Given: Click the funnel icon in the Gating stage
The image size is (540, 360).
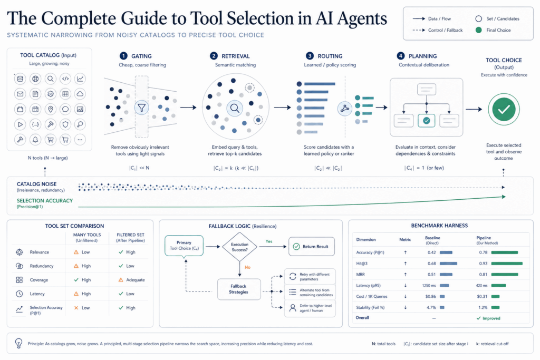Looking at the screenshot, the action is pos(141,108).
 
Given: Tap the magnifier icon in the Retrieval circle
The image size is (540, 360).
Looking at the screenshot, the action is pos(235,108).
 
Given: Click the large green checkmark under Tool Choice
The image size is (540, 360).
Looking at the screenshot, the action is pos(504,110).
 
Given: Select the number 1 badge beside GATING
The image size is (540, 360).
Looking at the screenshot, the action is pos(123,56).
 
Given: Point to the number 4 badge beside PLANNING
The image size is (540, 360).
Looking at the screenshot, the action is pos(401,56).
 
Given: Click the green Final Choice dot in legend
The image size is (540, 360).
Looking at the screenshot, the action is pos(478,30).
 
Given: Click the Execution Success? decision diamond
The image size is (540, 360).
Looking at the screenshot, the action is pos(240,247).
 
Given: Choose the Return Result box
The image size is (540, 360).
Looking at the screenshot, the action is pos(311,247).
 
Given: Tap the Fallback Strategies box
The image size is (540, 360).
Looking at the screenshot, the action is pos(239,289).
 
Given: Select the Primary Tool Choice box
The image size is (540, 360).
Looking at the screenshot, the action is pos(184,246).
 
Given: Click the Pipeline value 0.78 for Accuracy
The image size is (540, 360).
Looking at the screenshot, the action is pos(483,252).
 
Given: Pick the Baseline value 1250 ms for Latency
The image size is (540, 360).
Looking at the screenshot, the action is pos(429,285).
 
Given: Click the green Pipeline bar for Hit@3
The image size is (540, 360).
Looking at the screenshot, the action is pos(507,264).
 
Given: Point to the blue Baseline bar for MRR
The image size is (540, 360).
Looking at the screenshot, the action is pos(446,275).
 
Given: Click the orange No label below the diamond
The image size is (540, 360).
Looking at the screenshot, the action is pos(248,267).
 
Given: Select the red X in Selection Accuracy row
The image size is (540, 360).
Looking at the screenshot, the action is pos(76,308).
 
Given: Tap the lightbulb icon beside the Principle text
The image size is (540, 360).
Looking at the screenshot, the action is pos(18,343).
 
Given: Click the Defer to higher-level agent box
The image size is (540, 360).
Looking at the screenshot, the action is pos(310,308).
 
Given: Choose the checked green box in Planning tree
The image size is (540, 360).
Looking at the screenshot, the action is pos(426,121).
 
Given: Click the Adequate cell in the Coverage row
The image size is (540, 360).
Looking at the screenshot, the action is pos(131,280).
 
